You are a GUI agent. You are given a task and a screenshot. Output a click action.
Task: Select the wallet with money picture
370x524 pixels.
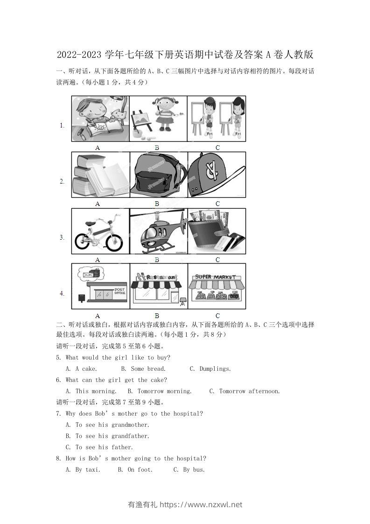point(216,231)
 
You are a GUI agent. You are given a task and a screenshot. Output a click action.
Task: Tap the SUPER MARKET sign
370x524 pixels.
point(216,276)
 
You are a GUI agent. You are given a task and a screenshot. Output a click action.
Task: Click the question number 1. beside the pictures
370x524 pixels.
point(62,125)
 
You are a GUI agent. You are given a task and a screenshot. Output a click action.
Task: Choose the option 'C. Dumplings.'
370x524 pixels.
point(210,369)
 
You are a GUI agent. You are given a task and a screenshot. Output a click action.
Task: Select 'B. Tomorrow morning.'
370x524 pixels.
point(159,391)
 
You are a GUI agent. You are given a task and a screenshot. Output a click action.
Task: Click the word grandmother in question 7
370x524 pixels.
point(130,425)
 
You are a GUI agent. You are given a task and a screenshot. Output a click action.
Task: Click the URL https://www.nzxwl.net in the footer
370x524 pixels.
point(201,505)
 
